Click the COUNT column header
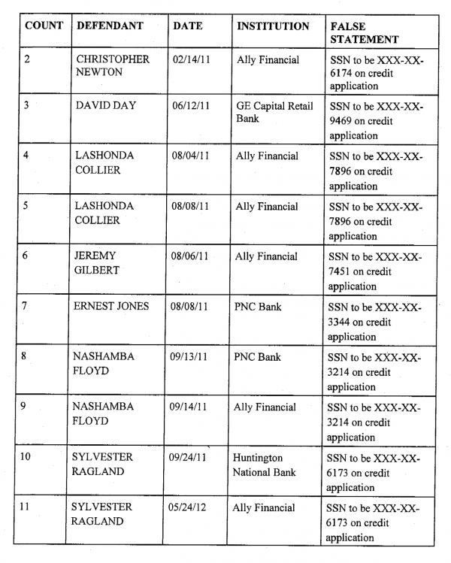tap(44, 26)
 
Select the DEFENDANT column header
tap(110, 26)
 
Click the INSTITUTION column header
tap(273, 26)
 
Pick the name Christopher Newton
tap(113, 66)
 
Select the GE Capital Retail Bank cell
tap(274, 112)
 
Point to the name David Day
tap(106, 105)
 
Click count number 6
tap(26, 256)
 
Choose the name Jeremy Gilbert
tap(95, 263)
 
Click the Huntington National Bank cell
tap(264, 465)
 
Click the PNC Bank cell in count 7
tap(258, 307)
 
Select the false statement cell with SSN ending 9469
tap(376, 121)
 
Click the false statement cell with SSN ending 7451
tap(376, 271)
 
